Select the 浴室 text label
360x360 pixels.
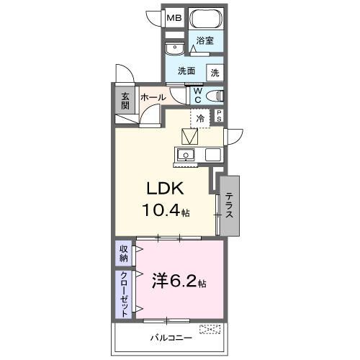205,42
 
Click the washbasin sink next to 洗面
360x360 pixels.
174,48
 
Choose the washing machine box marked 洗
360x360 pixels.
215,72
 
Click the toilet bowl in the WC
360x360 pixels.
214,96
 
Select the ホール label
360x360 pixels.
153,97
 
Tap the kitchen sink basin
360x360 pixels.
186,155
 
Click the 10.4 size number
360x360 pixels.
164,212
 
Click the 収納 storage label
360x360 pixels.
124,253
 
